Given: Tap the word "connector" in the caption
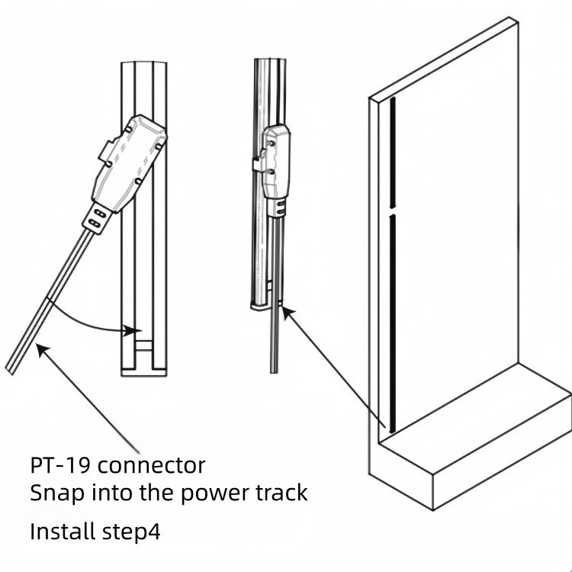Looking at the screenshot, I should (152, 464).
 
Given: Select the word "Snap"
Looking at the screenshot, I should (54, 493).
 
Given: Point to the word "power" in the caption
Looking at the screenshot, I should (214, 493).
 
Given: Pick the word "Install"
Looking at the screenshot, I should (63, 531).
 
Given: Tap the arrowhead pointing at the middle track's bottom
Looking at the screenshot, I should (284, 307).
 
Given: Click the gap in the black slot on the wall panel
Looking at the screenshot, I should (392, 210).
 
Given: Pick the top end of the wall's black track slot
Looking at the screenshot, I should (392, 101).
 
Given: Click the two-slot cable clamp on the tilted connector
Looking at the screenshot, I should (96, 219).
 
